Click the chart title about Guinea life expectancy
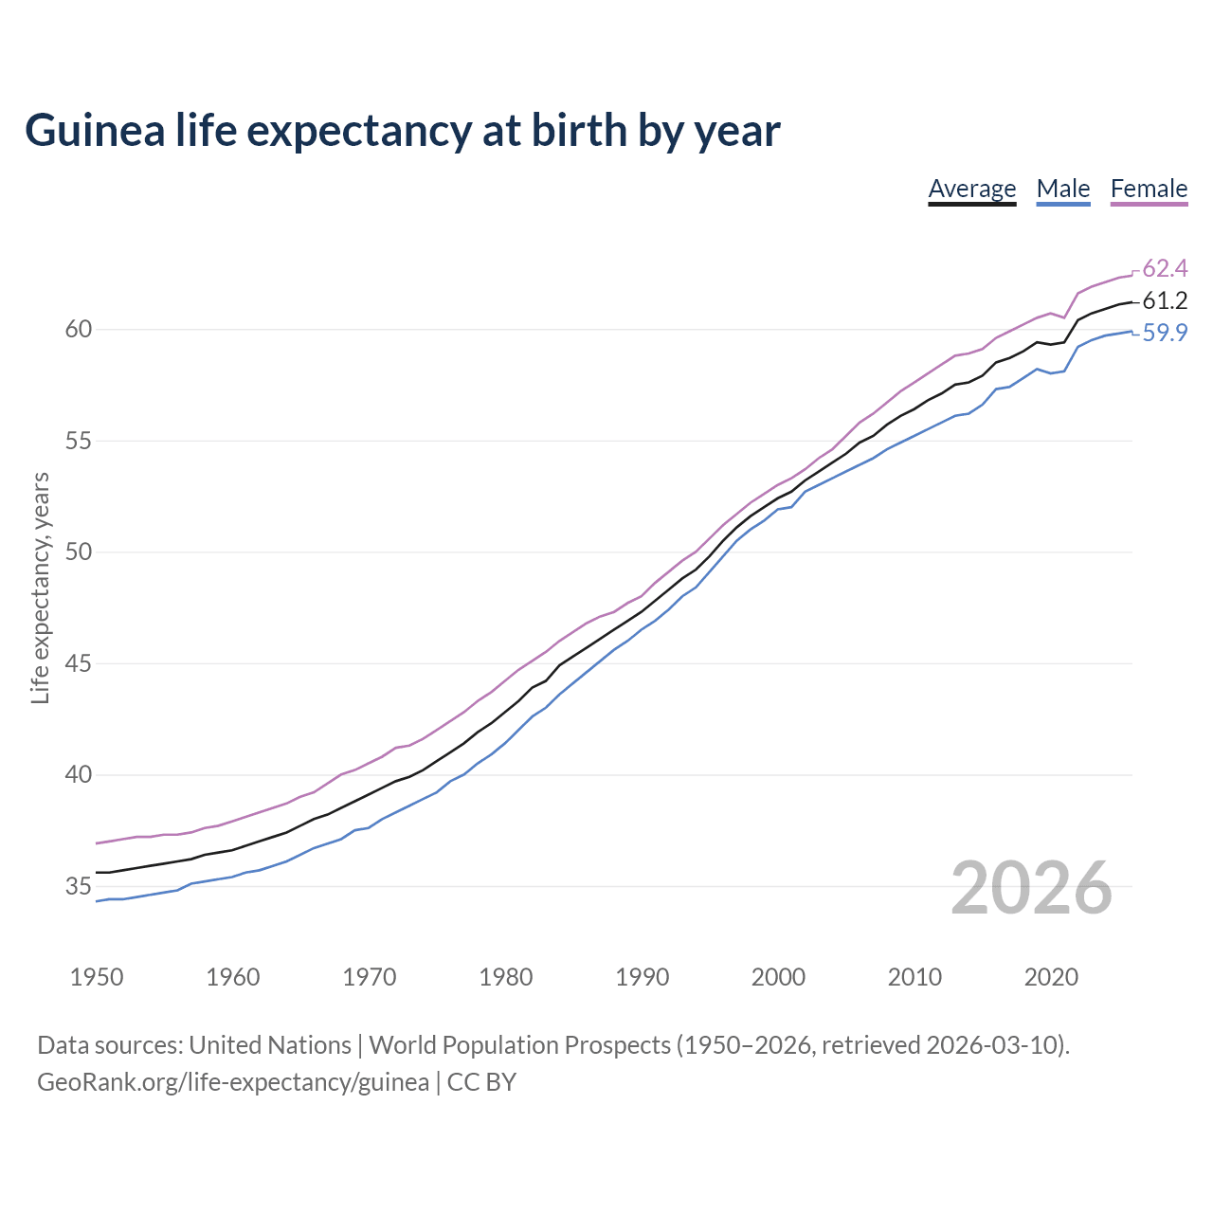click(x=402, y=131)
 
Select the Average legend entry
click(x=971, y=189)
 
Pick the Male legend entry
click(x=1063, y=189)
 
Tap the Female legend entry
click(x=1149, y=189)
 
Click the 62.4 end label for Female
click(x=1165, y=268)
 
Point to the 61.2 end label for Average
click(x=1165, y=301)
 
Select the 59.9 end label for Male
click(x=1165, y=334)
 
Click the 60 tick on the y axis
click(x=78, y=330)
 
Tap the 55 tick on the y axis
click(x=78, y=442)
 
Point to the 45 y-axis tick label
click(x=78, y=664)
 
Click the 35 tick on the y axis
click(x=78, y=887)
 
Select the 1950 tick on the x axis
click(x=97, y=977)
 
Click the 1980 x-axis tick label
click(x=505, y=977)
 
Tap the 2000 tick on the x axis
click(x=778, y=977)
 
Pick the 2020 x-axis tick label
click(x=1051, y=977)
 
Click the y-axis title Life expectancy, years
click(x=41, y=588)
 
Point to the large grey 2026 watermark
click(x=1031, y=889)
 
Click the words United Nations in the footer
click(x=270, y=1045)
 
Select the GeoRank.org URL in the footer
click(x=233, y=1082)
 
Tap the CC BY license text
click(x=481, y=1082)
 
